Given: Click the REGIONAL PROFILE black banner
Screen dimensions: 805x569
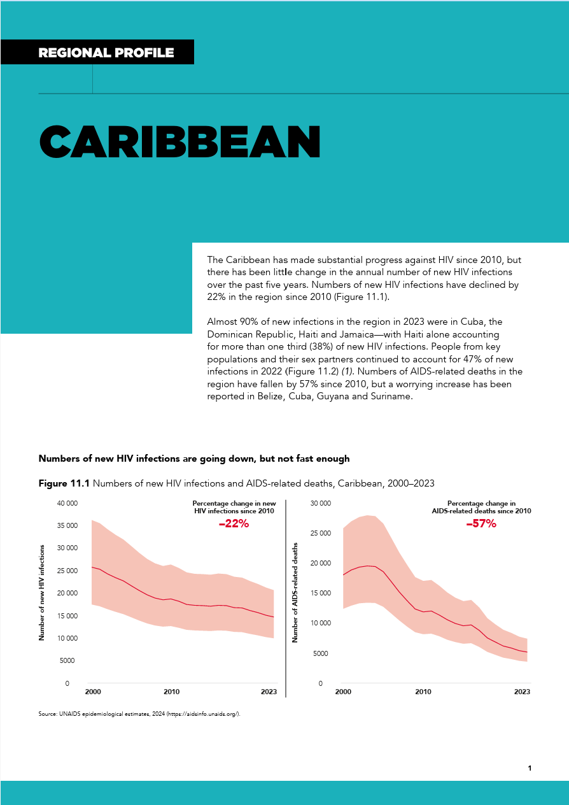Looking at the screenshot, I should click(x=106, y=53).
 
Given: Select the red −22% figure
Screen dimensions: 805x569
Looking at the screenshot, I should click(x=233, y=524).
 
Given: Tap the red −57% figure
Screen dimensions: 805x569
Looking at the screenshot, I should click(x=481, y=524).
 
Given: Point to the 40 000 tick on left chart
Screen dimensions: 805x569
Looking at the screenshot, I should click(x=67, y=503).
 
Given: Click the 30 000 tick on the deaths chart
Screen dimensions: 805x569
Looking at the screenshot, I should click(x=320, y=503).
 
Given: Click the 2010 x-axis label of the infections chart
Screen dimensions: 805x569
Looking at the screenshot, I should click(x=171, y=692).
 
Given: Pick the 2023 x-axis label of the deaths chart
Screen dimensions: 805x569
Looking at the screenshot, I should click(x=522, y=692).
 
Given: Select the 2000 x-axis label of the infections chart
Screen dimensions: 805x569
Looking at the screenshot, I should click(x=93, y=692).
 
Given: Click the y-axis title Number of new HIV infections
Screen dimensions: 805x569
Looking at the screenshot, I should click(x=42, y=592).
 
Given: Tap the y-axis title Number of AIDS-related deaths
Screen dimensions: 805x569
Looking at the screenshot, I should click(x=295, y=592).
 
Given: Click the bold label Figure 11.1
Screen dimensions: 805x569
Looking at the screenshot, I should click(x=64, y=484).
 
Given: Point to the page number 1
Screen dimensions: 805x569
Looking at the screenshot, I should click(x=530, y=768).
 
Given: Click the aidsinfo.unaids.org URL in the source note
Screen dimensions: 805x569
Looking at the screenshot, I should click(x=202, y=714).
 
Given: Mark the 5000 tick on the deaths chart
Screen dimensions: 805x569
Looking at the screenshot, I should click(x=322, y=653).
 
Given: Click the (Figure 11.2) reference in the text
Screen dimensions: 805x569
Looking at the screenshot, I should click(x=308, y=371).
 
